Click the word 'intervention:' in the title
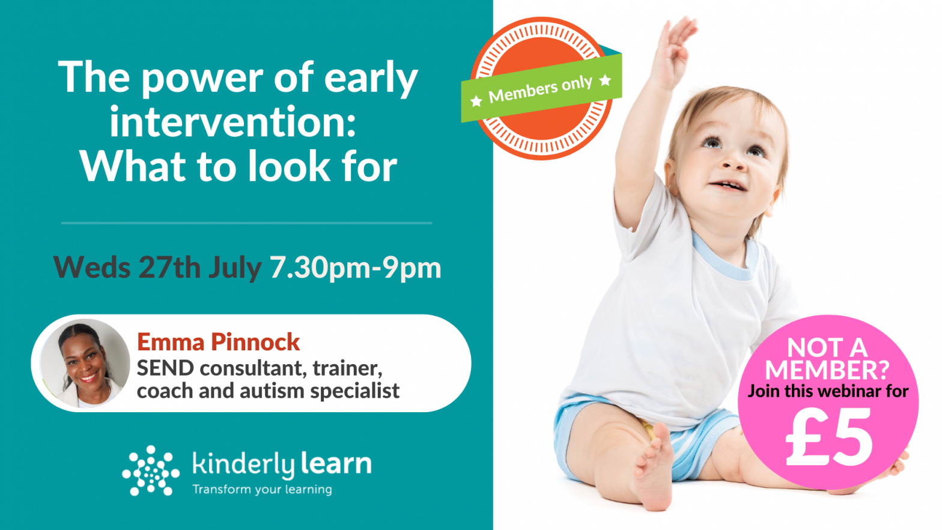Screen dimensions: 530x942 point(232,122)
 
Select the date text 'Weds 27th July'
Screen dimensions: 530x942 point(157,267)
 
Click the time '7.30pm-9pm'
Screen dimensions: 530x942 point(356,267)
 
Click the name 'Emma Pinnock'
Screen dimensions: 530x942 point(218,342)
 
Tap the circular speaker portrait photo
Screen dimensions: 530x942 point(85,364)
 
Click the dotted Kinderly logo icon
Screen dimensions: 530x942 point(150,471)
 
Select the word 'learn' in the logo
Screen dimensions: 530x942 point(336,464)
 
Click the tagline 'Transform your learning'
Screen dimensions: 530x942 point(262,489)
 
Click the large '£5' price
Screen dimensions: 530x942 point(828,437)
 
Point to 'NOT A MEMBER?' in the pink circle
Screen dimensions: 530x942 point(827,359)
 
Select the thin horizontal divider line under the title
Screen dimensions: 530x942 point(246,223)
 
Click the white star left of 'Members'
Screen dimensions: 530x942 point(476,101)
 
